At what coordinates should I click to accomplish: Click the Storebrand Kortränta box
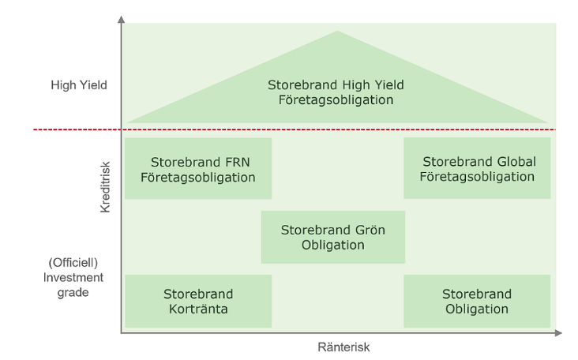197,301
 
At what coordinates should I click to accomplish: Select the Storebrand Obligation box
476,301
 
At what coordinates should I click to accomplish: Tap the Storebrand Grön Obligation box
332,237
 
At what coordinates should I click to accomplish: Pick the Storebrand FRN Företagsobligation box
197,169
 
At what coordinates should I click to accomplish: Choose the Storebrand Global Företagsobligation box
478,168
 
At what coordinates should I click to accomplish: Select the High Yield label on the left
79,84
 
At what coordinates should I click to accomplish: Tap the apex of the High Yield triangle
338,33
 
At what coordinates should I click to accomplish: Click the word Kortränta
197,309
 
